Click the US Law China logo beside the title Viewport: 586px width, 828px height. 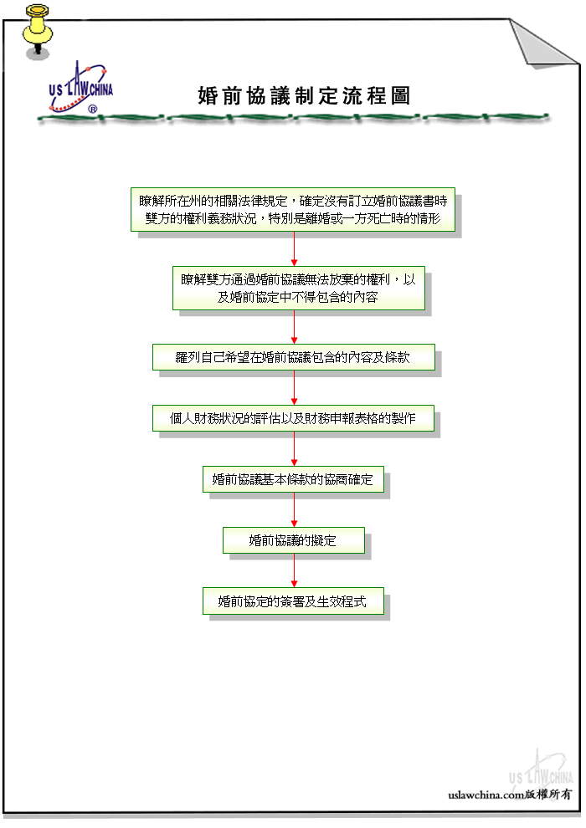pos(81,88)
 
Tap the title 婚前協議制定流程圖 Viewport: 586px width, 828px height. pos(304,95)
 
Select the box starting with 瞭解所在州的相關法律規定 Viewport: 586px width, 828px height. pos(293,210)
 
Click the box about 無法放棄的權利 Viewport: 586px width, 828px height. pos(299,288)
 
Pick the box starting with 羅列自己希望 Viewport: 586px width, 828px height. pos(294,357)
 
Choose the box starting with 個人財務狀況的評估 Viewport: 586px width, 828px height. pos(293,418)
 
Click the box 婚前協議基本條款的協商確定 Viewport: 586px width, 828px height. pos(293,479)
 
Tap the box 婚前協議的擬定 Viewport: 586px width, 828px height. pos(294,540)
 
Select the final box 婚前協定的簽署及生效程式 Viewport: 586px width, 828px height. pos(293,601)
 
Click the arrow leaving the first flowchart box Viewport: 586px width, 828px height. pos(295,248)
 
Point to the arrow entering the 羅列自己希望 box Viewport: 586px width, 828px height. pos(295,327)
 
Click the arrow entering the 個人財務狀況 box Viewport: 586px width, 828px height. pos(295,387)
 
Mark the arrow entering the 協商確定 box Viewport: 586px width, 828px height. pos(295,449)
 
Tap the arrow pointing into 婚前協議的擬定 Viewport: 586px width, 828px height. pos(295,509)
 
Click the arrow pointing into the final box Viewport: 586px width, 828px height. pos(295,570)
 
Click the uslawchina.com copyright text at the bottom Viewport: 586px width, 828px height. pos(510,795)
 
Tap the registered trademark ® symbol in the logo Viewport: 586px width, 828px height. pos(92,110)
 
